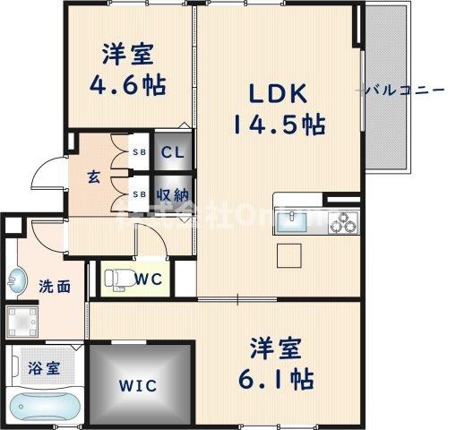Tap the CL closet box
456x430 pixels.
pos(172,151)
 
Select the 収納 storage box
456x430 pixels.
pos(172,193)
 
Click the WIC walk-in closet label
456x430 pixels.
pos(139,387)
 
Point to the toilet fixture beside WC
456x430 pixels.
pos(115,278)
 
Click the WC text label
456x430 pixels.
pos(149,279)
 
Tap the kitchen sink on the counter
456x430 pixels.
pos(296,219)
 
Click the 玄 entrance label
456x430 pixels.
pos(93,176)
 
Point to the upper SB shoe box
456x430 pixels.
pos(141,152)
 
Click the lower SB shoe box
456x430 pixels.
pos(141,193)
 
